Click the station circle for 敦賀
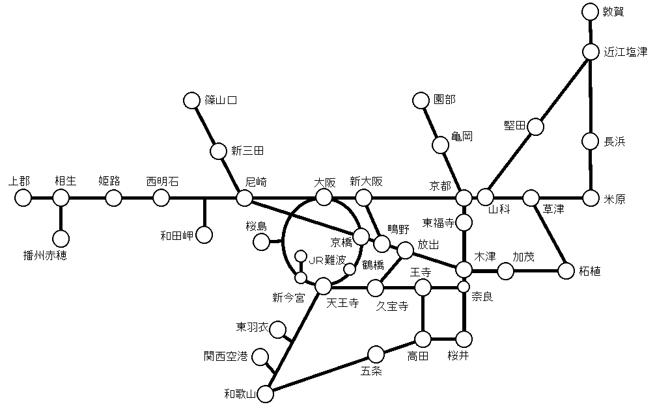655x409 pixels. coord(590,12)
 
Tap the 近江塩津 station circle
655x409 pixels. coord(591,52)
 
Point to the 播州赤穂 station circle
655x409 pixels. coord(61,239)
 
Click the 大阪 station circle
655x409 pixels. coord(324,197)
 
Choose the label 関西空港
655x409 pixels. coord(225,356)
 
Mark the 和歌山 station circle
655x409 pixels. coord(266,392)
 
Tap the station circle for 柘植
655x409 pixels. coord(567,270)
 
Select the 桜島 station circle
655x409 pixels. coord(261,242)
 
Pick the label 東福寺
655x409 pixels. coord(438,222)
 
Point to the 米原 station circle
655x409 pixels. coord(591,197)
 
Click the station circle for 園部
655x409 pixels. coord(421,100)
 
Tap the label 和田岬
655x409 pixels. coord(177,235)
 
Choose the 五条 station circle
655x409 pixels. coord(376,354)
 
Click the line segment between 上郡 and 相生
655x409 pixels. coord(42,198)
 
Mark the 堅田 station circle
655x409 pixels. coord(535,126)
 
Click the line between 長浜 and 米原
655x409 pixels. coord(591,169)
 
